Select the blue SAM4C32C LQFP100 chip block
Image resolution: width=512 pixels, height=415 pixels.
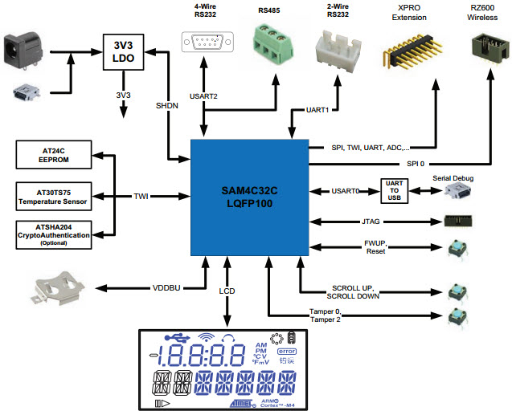[x=249, y=197]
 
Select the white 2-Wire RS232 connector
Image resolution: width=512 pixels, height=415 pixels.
[x=341, y=46]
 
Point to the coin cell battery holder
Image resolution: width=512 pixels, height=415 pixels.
[x=56, y=287]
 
